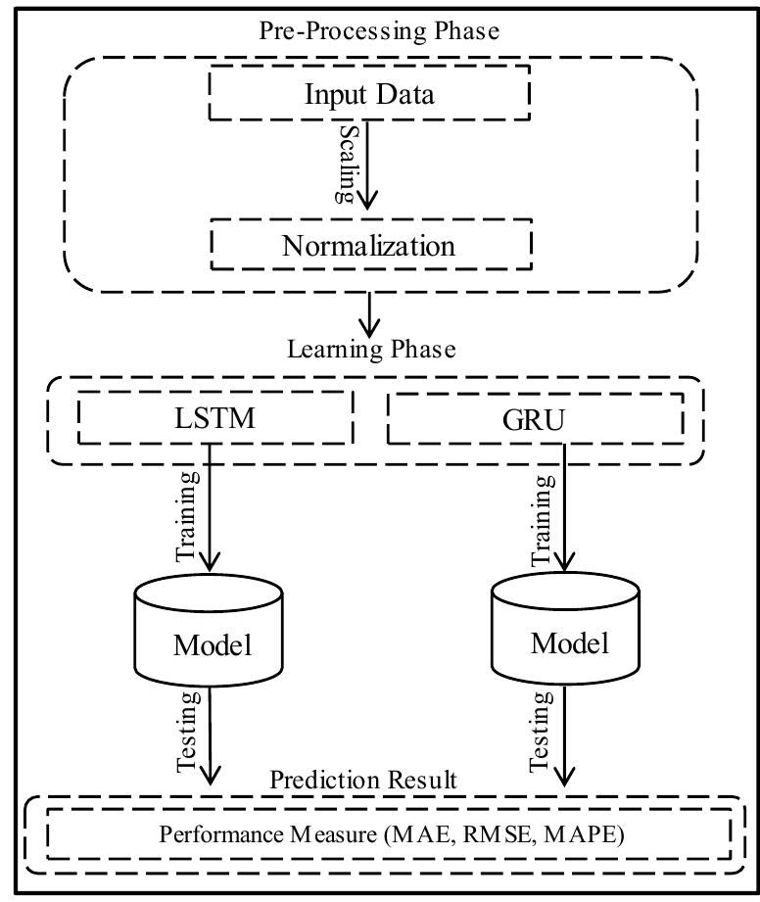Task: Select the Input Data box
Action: point(369,95)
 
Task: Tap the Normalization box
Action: point(369,245)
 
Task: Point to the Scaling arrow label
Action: point(346,163)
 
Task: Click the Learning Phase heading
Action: point(371,349)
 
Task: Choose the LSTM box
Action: point(214,419)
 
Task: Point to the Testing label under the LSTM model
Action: point(189,733)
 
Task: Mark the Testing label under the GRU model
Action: point(542,732)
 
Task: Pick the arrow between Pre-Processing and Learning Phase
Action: point(369,311)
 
